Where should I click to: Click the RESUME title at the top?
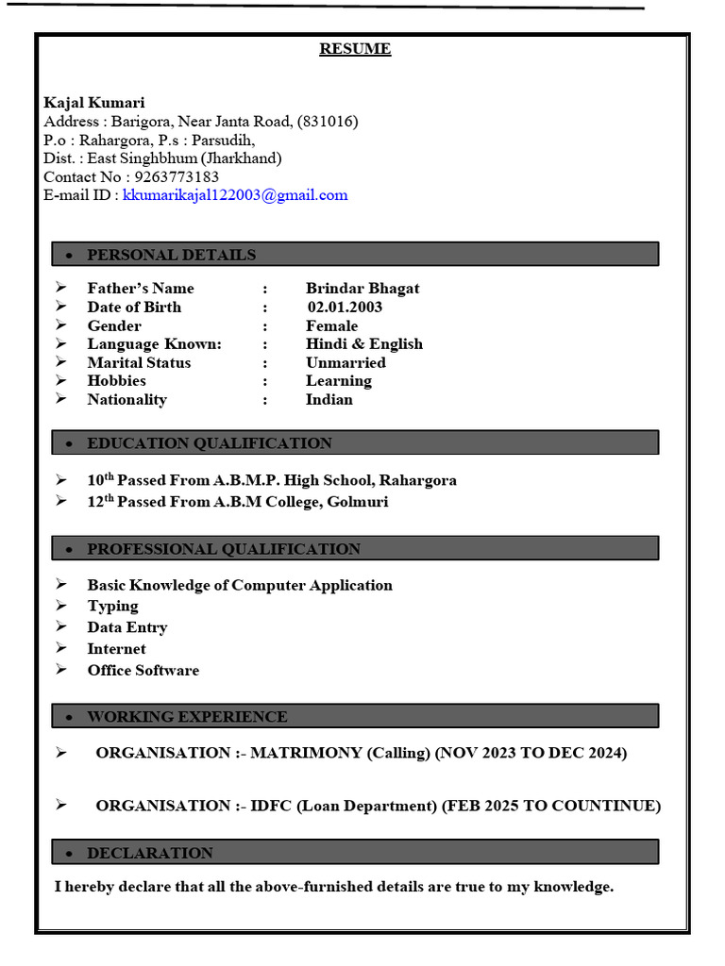coord(355,49)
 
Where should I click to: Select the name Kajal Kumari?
coord(94,102)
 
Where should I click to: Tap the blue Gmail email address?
coord(235,195)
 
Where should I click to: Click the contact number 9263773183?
coord(176,176)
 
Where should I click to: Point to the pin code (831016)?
coord(328,121)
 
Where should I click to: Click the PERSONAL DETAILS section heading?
coord(171,255)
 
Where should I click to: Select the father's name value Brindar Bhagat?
coord(362,289)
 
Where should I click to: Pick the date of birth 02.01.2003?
coord(345,307)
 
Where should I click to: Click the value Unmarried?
coord(346,362)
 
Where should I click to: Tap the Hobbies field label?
coord(117,381)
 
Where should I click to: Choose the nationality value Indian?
coord(329,399)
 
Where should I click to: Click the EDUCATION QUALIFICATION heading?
coord(210,443)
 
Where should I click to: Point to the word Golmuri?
coord(357,502)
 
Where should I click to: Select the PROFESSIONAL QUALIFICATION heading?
coord(224,549)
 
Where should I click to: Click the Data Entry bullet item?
coord(127,627)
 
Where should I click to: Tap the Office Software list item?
coord(143,671)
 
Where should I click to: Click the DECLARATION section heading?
coord(150,853)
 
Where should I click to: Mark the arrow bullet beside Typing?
coord(61,606)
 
